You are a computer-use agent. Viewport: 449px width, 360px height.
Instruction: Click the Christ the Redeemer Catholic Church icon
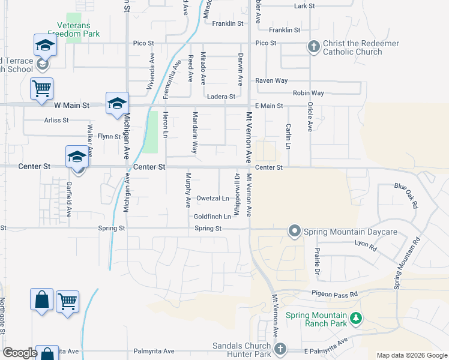(x=313, y=46)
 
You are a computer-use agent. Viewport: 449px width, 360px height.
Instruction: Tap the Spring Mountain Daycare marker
(x=294, y=231)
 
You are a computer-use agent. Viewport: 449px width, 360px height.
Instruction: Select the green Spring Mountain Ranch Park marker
(x=357, y=319)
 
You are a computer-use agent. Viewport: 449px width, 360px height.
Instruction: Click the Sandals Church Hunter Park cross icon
(x=279, y=349)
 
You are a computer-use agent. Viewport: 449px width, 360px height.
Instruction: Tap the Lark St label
(x=305, y=6)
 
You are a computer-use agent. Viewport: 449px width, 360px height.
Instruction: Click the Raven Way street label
(x=271, y=80)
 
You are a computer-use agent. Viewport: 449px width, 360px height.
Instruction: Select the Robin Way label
(x=309, y=93)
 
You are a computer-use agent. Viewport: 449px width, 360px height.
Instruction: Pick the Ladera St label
(x=220, y=97)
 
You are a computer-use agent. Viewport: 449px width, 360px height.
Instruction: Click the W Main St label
(x=71, y=105)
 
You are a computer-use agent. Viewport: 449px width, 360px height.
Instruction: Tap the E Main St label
(x=268, y=106)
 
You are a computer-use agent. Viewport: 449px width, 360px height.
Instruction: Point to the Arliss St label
(x=56, y=120)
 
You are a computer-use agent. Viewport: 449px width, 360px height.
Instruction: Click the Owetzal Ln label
(x=213, y=198)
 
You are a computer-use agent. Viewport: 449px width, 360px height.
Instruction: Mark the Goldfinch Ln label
(x=212, y=216)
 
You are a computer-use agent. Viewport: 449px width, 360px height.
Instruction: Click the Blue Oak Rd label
(x=406, y=196)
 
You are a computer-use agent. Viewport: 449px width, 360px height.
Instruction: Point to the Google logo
(x=20, y=353)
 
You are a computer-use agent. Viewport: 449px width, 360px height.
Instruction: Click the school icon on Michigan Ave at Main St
(x=118, y=103)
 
